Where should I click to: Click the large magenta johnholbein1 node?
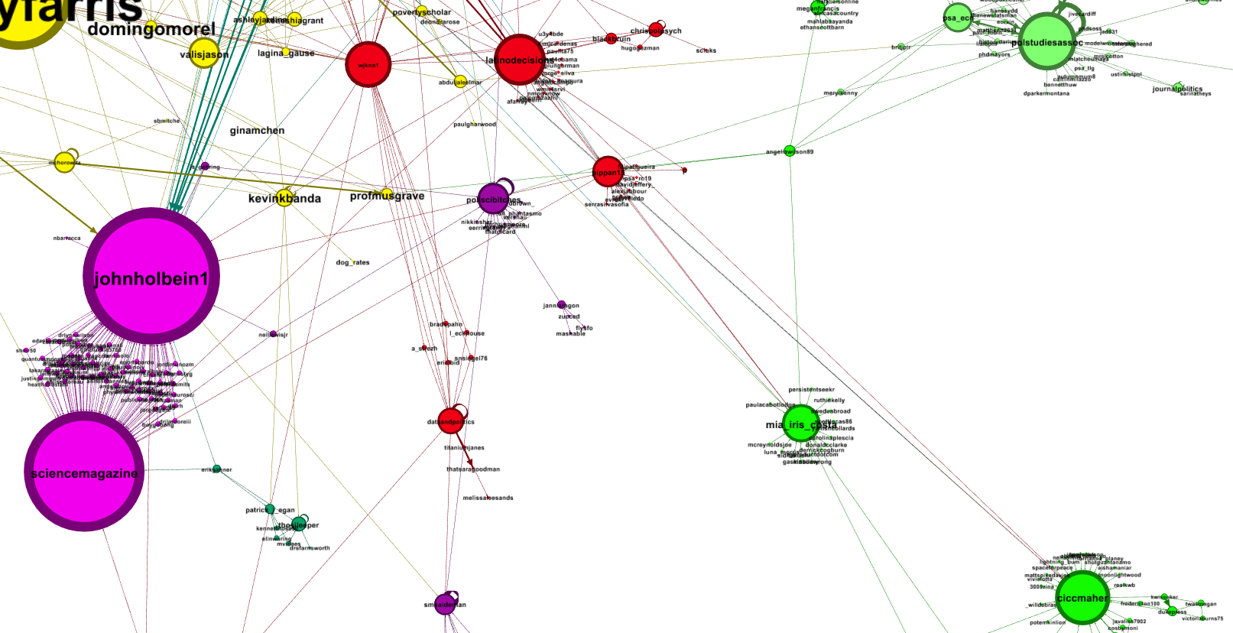pos(151,276)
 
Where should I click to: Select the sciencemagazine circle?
pos(84,472)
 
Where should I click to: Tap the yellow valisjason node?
pos(204,54)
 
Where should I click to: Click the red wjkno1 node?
pos(368,64)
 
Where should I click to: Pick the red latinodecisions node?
pos(520,60)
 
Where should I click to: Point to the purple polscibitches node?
pos(493,199)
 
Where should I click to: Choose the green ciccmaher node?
pos(1082,598)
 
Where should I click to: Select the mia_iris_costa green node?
pos(798,424)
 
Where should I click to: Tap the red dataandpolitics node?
pos(451,420)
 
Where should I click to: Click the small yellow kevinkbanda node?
pos(284,197)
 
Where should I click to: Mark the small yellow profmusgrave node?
pos(387,193)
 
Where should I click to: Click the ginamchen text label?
pos(257,131)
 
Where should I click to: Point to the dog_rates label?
pos(352,262)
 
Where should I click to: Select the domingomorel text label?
pos(151,30)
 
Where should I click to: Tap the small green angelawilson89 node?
pos(790,151)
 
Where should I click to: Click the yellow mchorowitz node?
pos(65,162)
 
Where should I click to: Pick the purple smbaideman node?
pos(446,604)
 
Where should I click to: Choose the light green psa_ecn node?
pos(958,18)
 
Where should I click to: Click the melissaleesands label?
pos(488,498)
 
